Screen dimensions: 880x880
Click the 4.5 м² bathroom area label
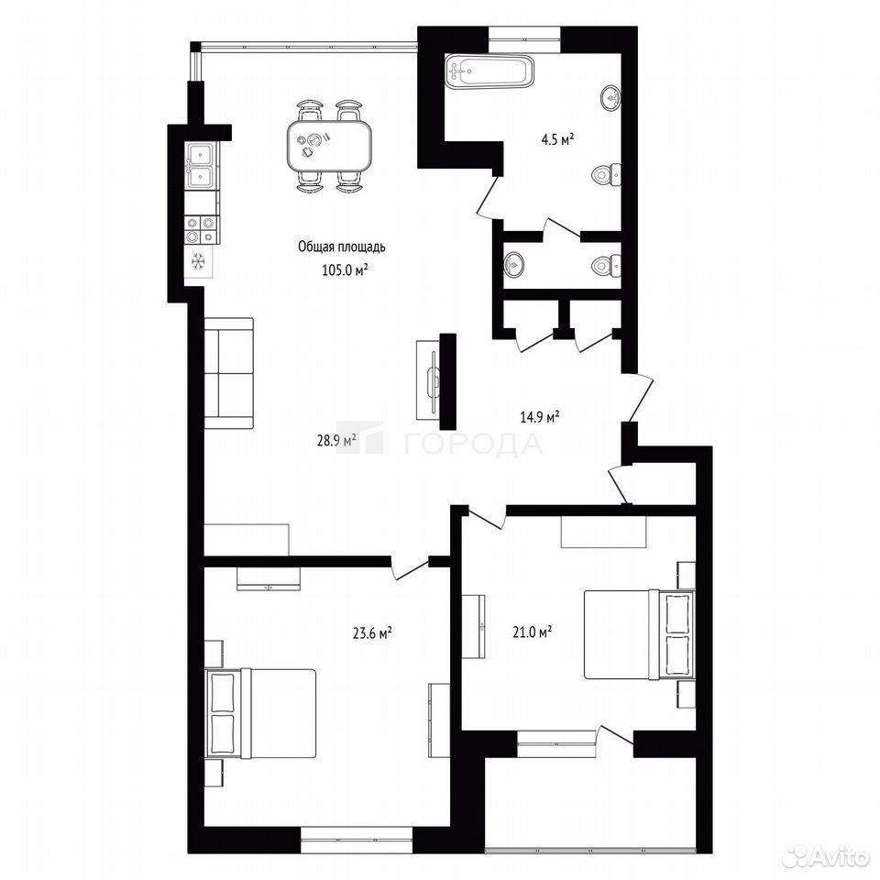click(556, 139)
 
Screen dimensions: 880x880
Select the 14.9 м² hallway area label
click(539, 417)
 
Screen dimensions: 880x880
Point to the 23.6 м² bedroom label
click(371, 633)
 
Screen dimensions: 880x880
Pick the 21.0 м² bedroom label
click(532, 632)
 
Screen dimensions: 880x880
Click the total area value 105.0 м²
click(345, 269)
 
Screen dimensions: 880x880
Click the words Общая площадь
click(342, 247)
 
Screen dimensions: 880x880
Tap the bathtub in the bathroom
click(489, 71)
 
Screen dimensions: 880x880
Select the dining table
click(329, 147)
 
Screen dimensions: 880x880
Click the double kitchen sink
click(202, 165)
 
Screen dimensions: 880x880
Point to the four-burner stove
click(202, 230)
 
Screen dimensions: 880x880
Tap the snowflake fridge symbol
click(199, 261)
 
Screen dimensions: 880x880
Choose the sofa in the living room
click(228, 373)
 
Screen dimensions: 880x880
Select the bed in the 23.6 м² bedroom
click(260, 713)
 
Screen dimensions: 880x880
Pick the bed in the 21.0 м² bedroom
click(639, 634)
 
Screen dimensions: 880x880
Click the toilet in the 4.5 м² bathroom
click(606, 174)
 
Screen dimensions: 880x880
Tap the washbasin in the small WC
click(513, 263)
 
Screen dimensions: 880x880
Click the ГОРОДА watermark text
click(473, 444)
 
